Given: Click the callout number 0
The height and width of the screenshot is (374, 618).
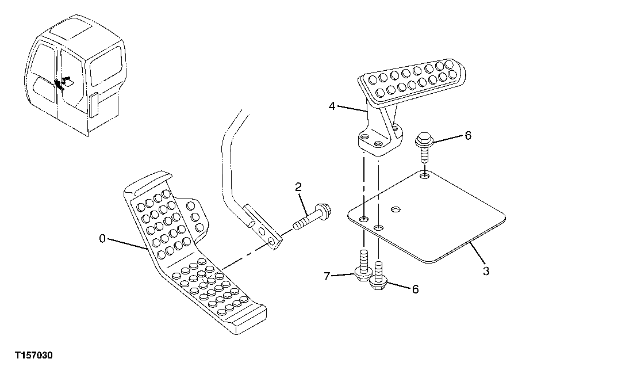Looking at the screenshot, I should (x=102, y=239).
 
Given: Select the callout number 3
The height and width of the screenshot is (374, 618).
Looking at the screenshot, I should (x=486, y=271).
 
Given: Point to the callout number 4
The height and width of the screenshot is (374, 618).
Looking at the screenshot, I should (x=332, y=105).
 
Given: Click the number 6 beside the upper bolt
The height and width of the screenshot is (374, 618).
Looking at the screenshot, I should (x=468, y=136).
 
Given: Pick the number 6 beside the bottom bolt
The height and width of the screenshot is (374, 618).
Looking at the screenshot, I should (x=414, y=289).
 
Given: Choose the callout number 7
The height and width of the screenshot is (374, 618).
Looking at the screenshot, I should (x=326, y=277).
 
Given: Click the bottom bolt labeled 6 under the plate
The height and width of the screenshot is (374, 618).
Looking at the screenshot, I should (x=378, y=276).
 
